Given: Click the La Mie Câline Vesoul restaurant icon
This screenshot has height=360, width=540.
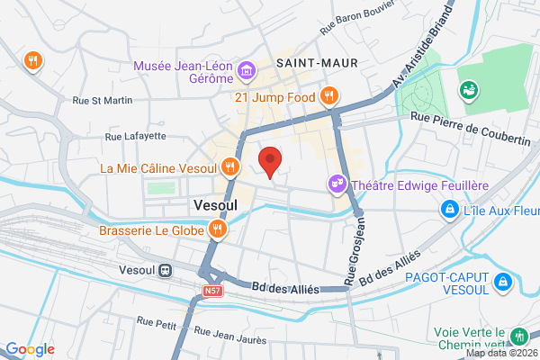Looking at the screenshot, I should pyautogui.click(x=231, y=166).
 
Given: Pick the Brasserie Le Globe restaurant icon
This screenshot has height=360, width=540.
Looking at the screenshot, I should pyautogui.click(x=216, y=229).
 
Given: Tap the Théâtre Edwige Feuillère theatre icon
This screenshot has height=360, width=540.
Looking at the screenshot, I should pyautogui.click(x=337, y=184).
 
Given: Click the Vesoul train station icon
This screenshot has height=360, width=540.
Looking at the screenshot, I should pyautogui.click(x=166, y=269).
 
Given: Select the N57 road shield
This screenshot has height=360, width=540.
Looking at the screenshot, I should pyautogui.click(x=211, y=292).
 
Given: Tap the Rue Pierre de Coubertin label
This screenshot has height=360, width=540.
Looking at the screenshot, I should pyautogui.click(x=470, y=117).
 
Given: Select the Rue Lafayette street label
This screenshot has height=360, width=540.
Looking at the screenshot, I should pyautogui.click(x=136, y=136).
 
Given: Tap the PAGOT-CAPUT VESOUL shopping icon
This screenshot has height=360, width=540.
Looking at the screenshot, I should pyautogui.click(x=504, y=283).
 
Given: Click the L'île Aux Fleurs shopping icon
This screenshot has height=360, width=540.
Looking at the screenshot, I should pyautogui.click(x=447, y=209).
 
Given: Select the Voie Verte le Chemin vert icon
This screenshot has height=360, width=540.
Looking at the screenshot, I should pyautogui.click(x=518, y=337).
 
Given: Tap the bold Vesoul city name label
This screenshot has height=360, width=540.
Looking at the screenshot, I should pyautogui.click(x=215, y=205).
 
